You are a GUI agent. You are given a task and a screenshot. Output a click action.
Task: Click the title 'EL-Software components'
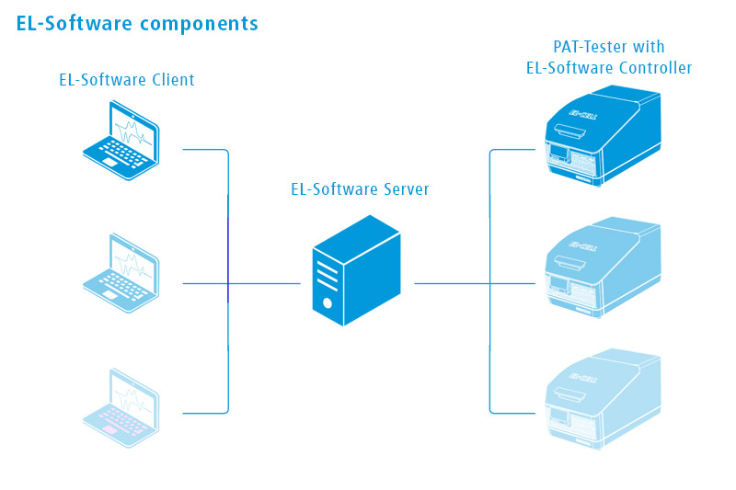coord(137,24)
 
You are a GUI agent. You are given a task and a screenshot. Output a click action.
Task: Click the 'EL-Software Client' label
coord(127,80)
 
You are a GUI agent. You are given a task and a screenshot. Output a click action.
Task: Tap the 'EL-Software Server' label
coord(360,190)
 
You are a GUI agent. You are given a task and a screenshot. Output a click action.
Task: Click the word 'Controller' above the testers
coord(655,67)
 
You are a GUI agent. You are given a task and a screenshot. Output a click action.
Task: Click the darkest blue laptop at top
coord(121,143)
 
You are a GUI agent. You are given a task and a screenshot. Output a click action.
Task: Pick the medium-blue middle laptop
coord(121,275)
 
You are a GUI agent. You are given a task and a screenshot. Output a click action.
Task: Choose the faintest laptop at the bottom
coord(121,407)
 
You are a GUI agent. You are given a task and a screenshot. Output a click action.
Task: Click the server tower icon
coord(357,270)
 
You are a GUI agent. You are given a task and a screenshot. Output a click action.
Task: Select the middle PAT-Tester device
coord(602,268)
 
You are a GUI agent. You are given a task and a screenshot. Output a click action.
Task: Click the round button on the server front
coord(326,301)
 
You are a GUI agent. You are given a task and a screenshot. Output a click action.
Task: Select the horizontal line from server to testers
coord(451,283)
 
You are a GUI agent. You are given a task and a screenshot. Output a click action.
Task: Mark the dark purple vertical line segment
coord(228,248)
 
